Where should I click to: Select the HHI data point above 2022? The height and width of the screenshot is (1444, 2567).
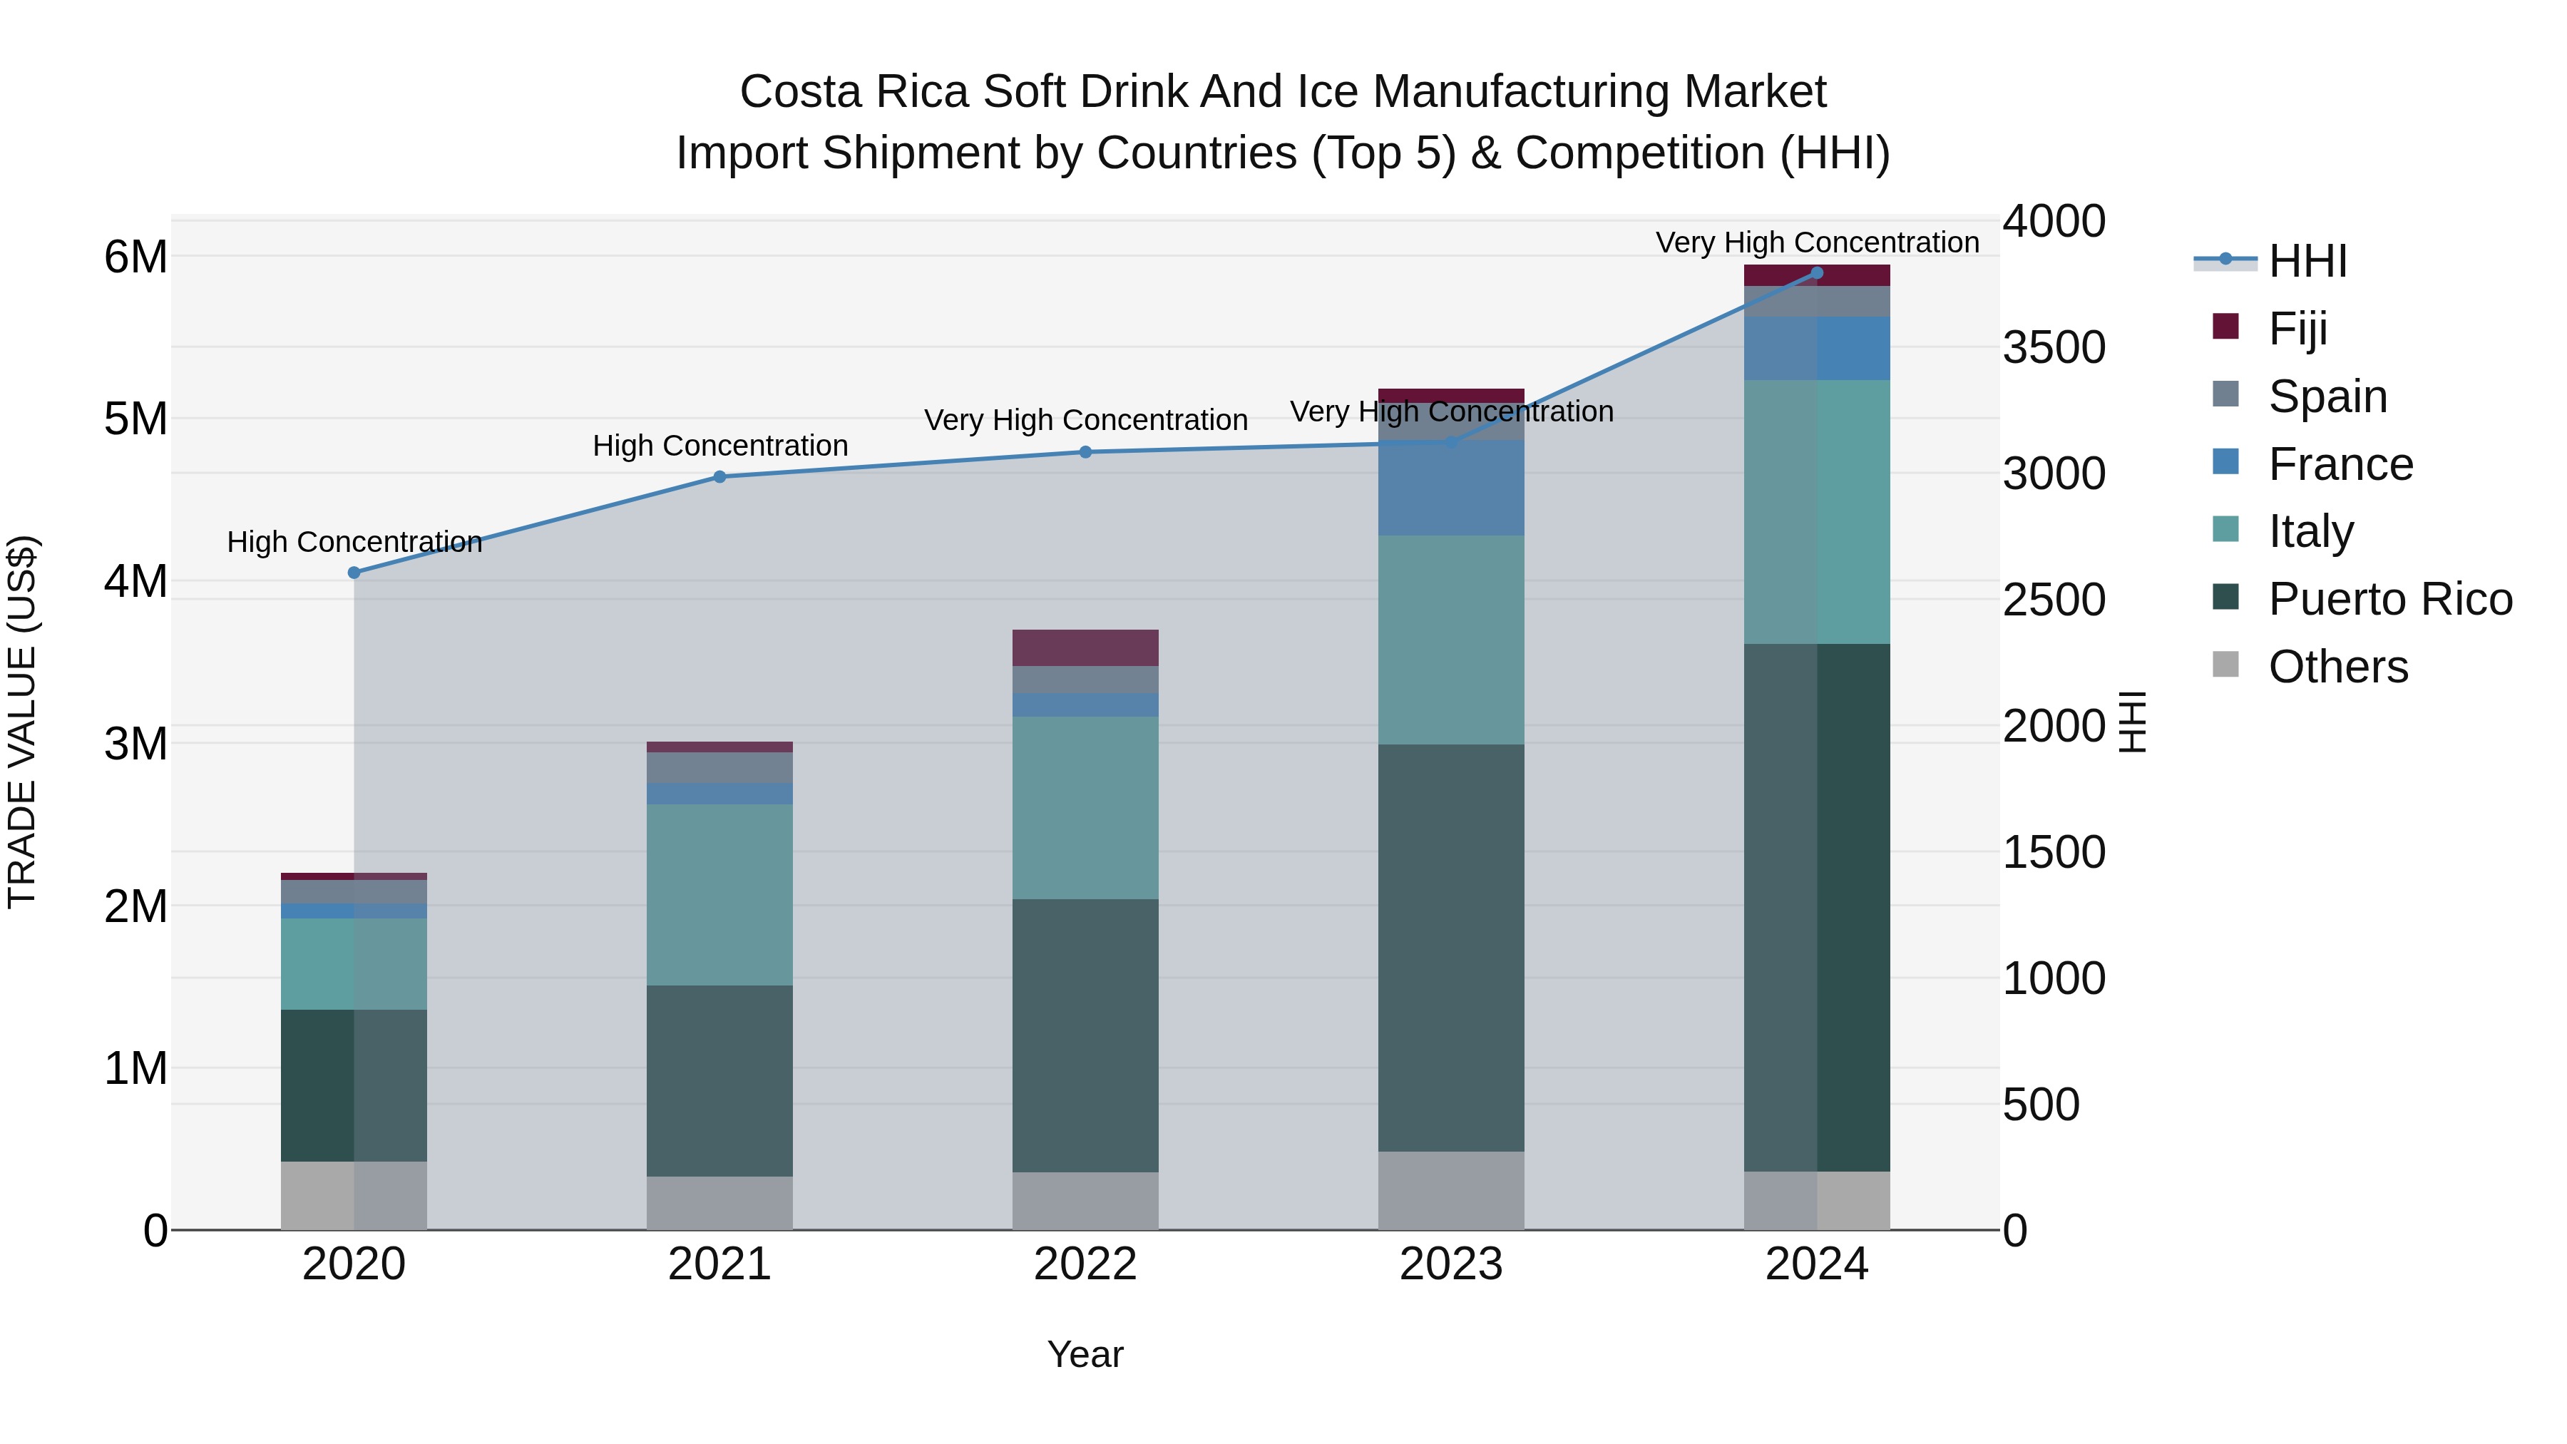1085,451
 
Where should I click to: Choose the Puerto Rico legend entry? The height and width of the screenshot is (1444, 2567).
2389,599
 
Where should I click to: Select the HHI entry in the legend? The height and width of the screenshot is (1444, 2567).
2307,261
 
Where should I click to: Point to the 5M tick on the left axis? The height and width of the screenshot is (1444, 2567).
135,419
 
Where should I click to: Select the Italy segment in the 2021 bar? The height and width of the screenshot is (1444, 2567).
719,894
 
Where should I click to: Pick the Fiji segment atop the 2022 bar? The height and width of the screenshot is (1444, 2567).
1085,647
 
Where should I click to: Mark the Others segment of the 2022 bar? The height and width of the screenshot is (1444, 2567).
1085,1201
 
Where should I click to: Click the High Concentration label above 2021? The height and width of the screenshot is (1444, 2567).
719,446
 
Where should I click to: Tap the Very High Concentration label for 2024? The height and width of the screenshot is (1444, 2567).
1817,242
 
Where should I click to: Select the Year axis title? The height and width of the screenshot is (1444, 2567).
1085,1354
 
